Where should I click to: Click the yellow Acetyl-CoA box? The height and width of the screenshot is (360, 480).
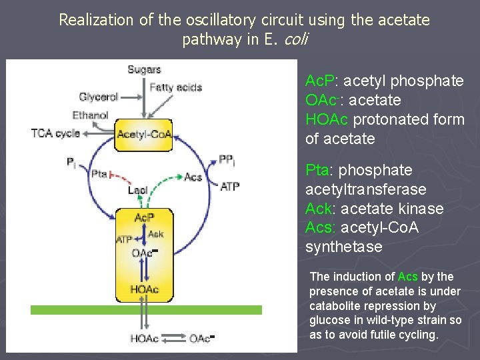tap(144, 134)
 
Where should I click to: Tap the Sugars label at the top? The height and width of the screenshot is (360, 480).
tap(144, 69)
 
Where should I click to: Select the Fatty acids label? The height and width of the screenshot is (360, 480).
tap(176, 87)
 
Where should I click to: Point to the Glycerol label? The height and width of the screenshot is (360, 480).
tap(99, 97)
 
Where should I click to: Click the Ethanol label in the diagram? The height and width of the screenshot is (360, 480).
tap(90, 115)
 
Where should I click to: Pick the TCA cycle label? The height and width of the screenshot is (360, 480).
tap(55, 133)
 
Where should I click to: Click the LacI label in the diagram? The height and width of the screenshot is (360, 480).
tap(138, 190)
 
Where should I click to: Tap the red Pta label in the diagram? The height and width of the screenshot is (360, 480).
tap(99, 174)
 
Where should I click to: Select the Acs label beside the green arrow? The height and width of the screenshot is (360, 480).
tap(193, 177)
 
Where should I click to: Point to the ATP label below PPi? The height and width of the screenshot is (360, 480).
tap(229, 187)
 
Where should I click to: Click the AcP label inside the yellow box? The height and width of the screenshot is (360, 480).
tap(144, 218)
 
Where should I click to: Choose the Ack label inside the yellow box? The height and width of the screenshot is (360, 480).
tap(156, 234)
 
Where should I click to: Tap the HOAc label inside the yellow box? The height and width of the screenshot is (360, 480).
tap(144, 289)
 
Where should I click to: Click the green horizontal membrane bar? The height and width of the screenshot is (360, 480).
tap(146, 310)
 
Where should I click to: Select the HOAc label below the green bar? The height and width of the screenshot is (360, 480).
tap(144, 339)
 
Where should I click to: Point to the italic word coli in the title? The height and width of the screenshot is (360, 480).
tap(295, 39)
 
